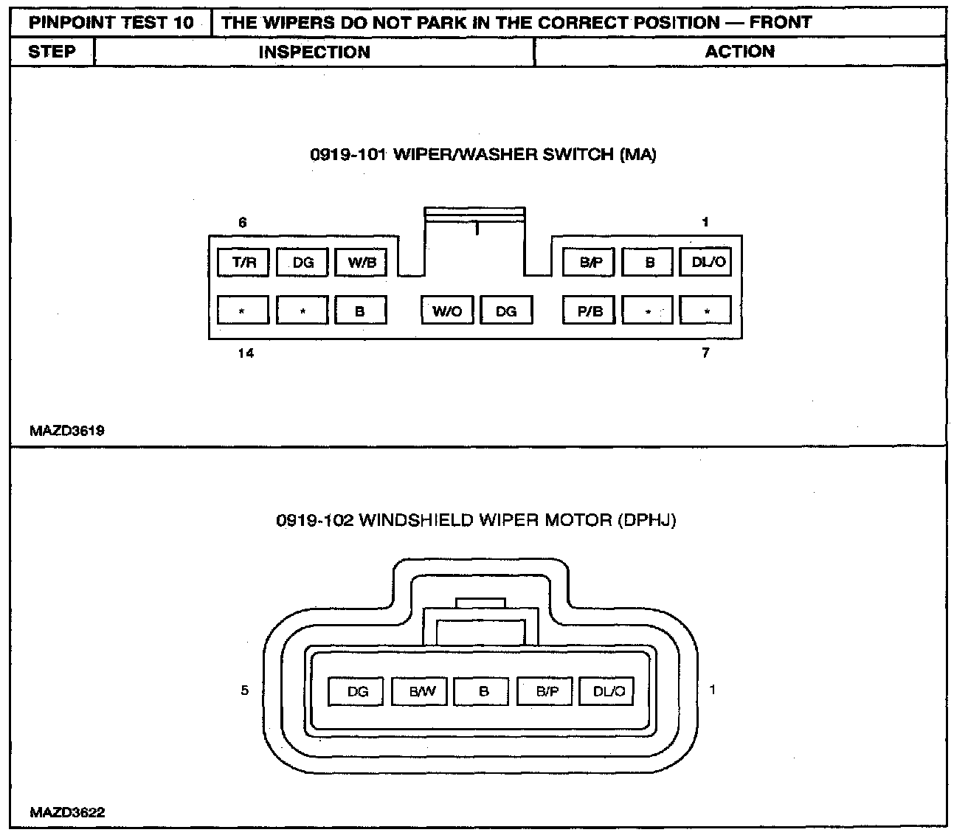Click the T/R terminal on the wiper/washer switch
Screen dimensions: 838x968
(x=243, y=262)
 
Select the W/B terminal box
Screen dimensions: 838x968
(x=361, y=262)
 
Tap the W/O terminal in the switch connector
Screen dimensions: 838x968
(x=447, y=311)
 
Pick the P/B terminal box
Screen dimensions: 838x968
(x=589, y=311)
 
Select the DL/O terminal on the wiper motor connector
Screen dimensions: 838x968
(x=607, y=691)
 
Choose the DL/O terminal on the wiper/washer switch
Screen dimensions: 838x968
(x=705, y=262)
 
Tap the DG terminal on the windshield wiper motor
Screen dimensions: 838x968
(x=358, y=691)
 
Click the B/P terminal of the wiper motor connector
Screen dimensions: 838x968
(x=546, y=691)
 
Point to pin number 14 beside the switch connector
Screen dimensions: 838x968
(x=246, y=353)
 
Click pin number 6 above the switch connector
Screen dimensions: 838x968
(x=243, y=222)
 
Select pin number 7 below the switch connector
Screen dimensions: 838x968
(x=705, y=353)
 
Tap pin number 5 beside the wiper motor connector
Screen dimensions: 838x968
(x=245, y=691)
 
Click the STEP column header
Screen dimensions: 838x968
(x=52, y=52)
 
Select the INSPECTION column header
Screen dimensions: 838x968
(x=314, y=52)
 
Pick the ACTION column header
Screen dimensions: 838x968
(x=739, y=52)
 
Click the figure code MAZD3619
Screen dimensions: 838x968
(x=67, y=431)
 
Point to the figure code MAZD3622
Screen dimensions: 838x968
(x=67, y=813)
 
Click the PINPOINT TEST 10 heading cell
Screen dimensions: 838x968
(x=111, y=22)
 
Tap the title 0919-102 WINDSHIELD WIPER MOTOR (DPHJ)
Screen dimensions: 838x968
(x=477, y=520)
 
